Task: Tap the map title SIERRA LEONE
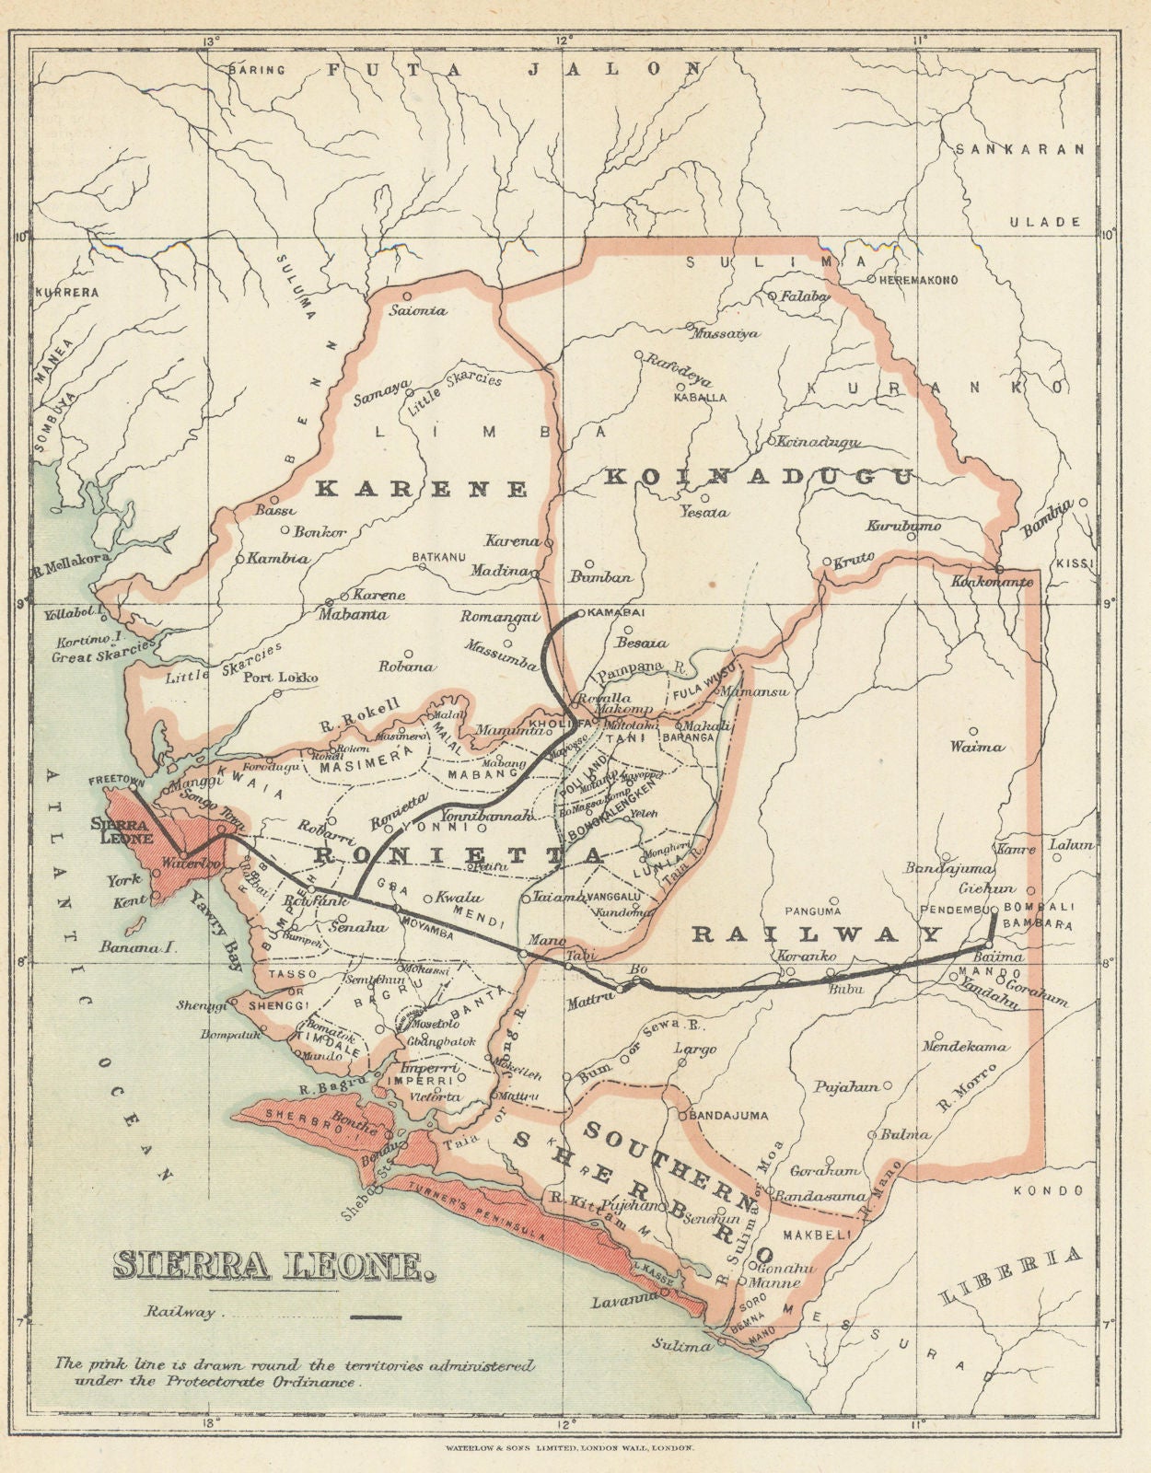pyautogui.click(x=273, y=1267)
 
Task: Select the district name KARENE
pyautogui.click(x=422, y=489)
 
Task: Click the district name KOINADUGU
pyautogui.click(x=760, y=477)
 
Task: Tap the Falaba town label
pyautogui.click(x=806, y=296)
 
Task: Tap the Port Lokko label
pyautogui.click(x=280, y=678)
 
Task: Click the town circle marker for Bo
pyautogui.click(x=634, y=980)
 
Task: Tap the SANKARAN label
pyautogui.click(x=1020, y=149)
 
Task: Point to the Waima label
pyautogui.click(x=978, y=747)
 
